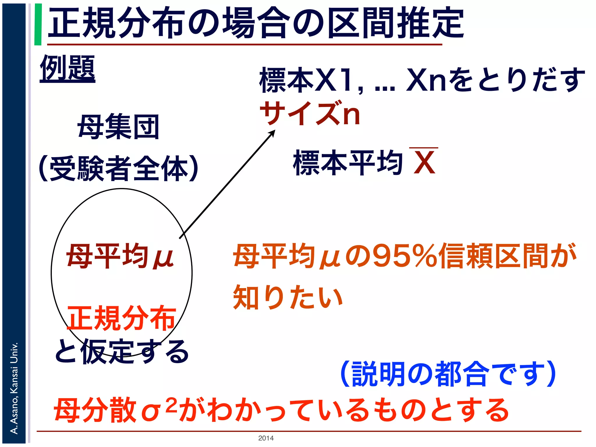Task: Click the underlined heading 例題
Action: tap(68, 69)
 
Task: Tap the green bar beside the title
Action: tap(38, 24)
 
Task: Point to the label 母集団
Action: tap(118, 127)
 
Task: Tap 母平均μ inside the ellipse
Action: tap(120, 256)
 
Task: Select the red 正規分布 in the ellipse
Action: tap(122, 318)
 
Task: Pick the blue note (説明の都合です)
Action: tap(448, 374)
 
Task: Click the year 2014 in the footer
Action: tap(266, 438)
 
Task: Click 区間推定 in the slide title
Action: tap(396, 23)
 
